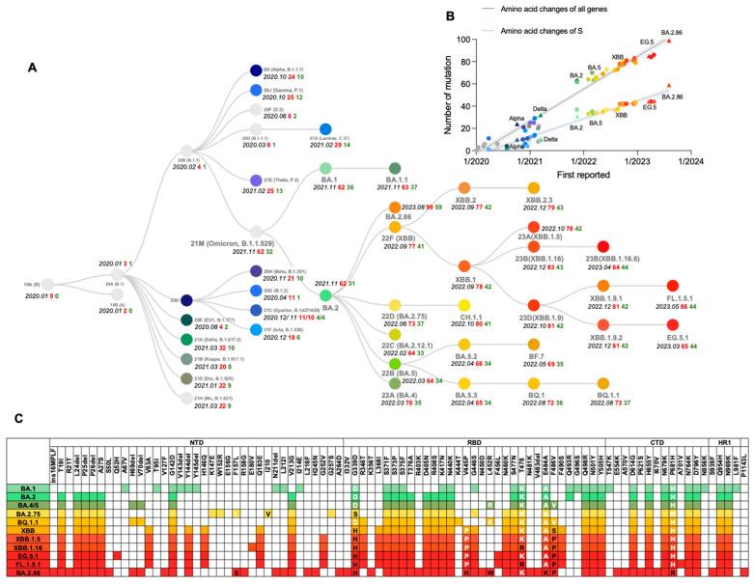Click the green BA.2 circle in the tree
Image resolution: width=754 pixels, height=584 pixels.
[327, 293]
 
